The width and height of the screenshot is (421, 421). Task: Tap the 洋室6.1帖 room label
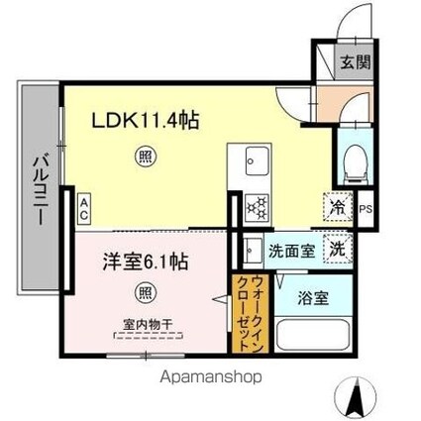[146, 264]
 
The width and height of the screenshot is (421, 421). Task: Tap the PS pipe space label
[366, 209]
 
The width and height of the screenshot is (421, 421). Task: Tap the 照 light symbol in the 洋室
[145, 294]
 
